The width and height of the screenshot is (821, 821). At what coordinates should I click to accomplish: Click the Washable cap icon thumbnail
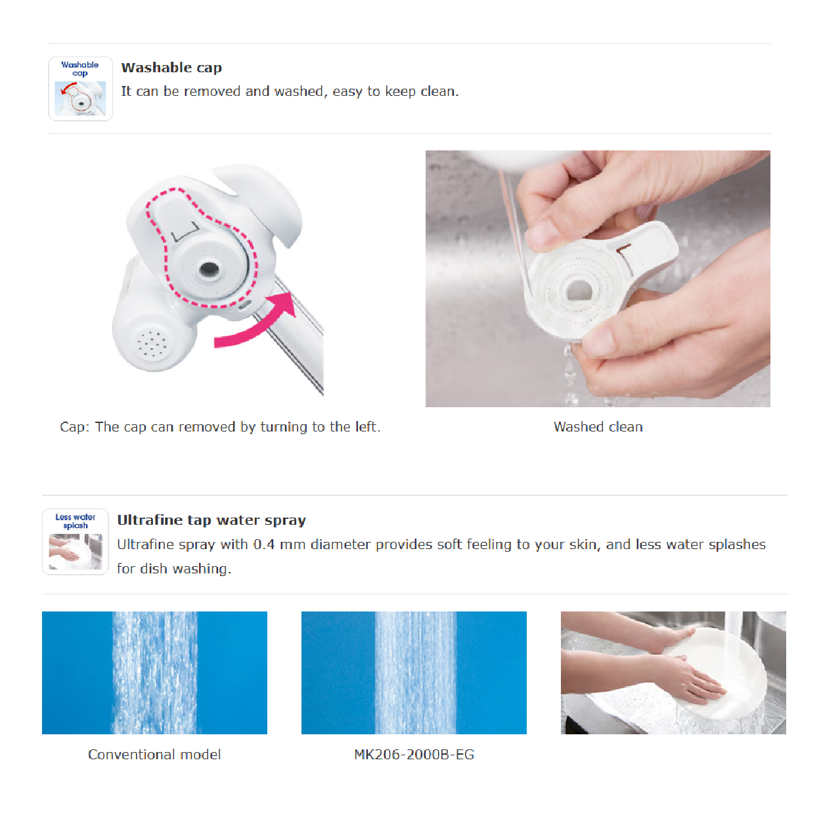(80, 89)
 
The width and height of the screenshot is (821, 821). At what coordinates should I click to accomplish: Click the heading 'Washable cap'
(171, 68)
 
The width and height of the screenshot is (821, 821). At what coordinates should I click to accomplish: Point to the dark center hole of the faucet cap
(209, 269)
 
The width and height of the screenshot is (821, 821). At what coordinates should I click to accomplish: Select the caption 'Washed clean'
(598, 426)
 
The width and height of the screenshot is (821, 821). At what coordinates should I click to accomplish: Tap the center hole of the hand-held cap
(579, 290)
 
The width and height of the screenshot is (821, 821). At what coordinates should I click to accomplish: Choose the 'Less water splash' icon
(76, 541)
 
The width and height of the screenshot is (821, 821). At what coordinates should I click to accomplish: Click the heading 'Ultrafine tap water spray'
(211, 520)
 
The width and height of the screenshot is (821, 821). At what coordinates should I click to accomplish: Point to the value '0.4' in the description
(264, 544)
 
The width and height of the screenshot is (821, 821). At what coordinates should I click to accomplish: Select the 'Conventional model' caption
(154, 755)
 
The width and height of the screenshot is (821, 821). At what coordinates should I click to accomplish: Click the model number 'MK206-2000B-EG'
(414, 755)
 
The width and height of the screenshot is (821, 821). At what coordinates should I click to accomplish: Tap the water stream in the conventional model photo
(154, 673)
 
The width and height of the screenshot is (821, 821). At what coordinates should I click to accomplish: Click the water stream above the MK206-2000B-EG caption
(415, 673)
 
